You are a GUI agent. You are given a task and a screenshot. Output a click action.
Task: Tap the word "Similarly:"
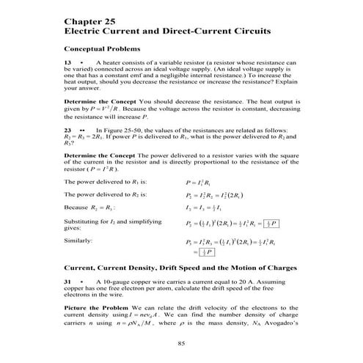coord(78,241)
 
